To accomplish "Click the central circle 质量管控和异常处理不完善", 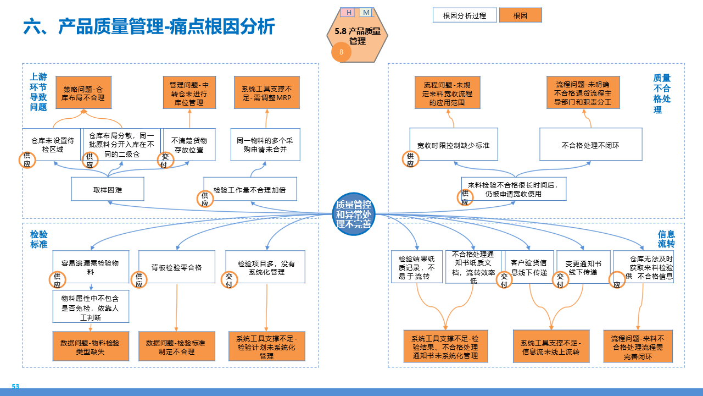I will click(x=354, y=214).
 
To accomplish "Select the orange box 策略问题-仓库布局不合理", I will click(x=83, y=93).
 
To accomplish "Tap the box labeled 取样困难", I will click(x=108, y=189).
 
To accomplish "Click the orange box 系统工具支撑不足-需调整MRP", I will click(x=266, y=93).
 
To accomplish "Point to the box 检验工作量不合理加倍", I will click(x=250, y=189).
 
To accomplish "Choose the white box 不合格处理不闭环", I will click(x=590, y=145).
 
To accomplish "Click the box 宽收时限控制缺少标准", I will click(x=454, y=145).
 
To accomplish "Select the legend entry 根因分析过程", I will click(x=464, y=15).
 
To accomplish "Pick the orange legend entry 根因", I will click(x=520, y=15).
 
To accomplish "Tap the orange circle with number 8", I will click(x=341, y=52).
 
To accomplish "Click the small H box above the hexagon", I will click(x=348, y=12).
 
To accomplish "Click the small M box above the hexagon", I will click(x=366, y=12).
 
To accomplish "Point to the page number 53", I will click(x=15, y=387).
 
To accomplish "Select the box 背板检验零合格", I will click(x=176, y=267).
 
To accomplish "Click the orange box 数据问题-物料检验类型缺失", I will click(x=90, y=346).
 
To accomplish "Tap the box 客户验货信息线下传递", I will click(x=528, y=267).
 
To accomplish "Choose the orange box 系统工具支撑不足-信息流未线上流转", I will click(x=551, y=346).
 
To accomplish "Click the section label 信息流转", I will click(x=666, y=239).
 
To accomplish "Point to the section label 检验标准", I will click(x=38, y=239).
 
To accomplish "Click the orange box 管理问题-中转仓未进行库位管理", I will click(x=189, y=93).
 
